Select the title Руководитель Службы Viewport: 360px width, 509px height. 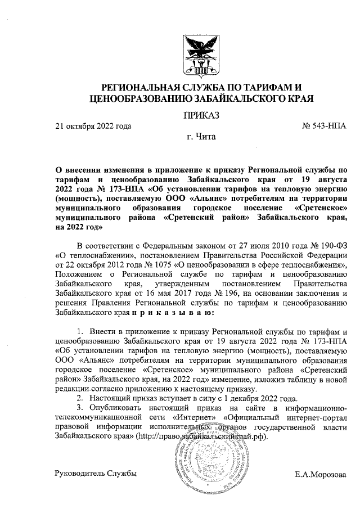coord(95,475)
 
